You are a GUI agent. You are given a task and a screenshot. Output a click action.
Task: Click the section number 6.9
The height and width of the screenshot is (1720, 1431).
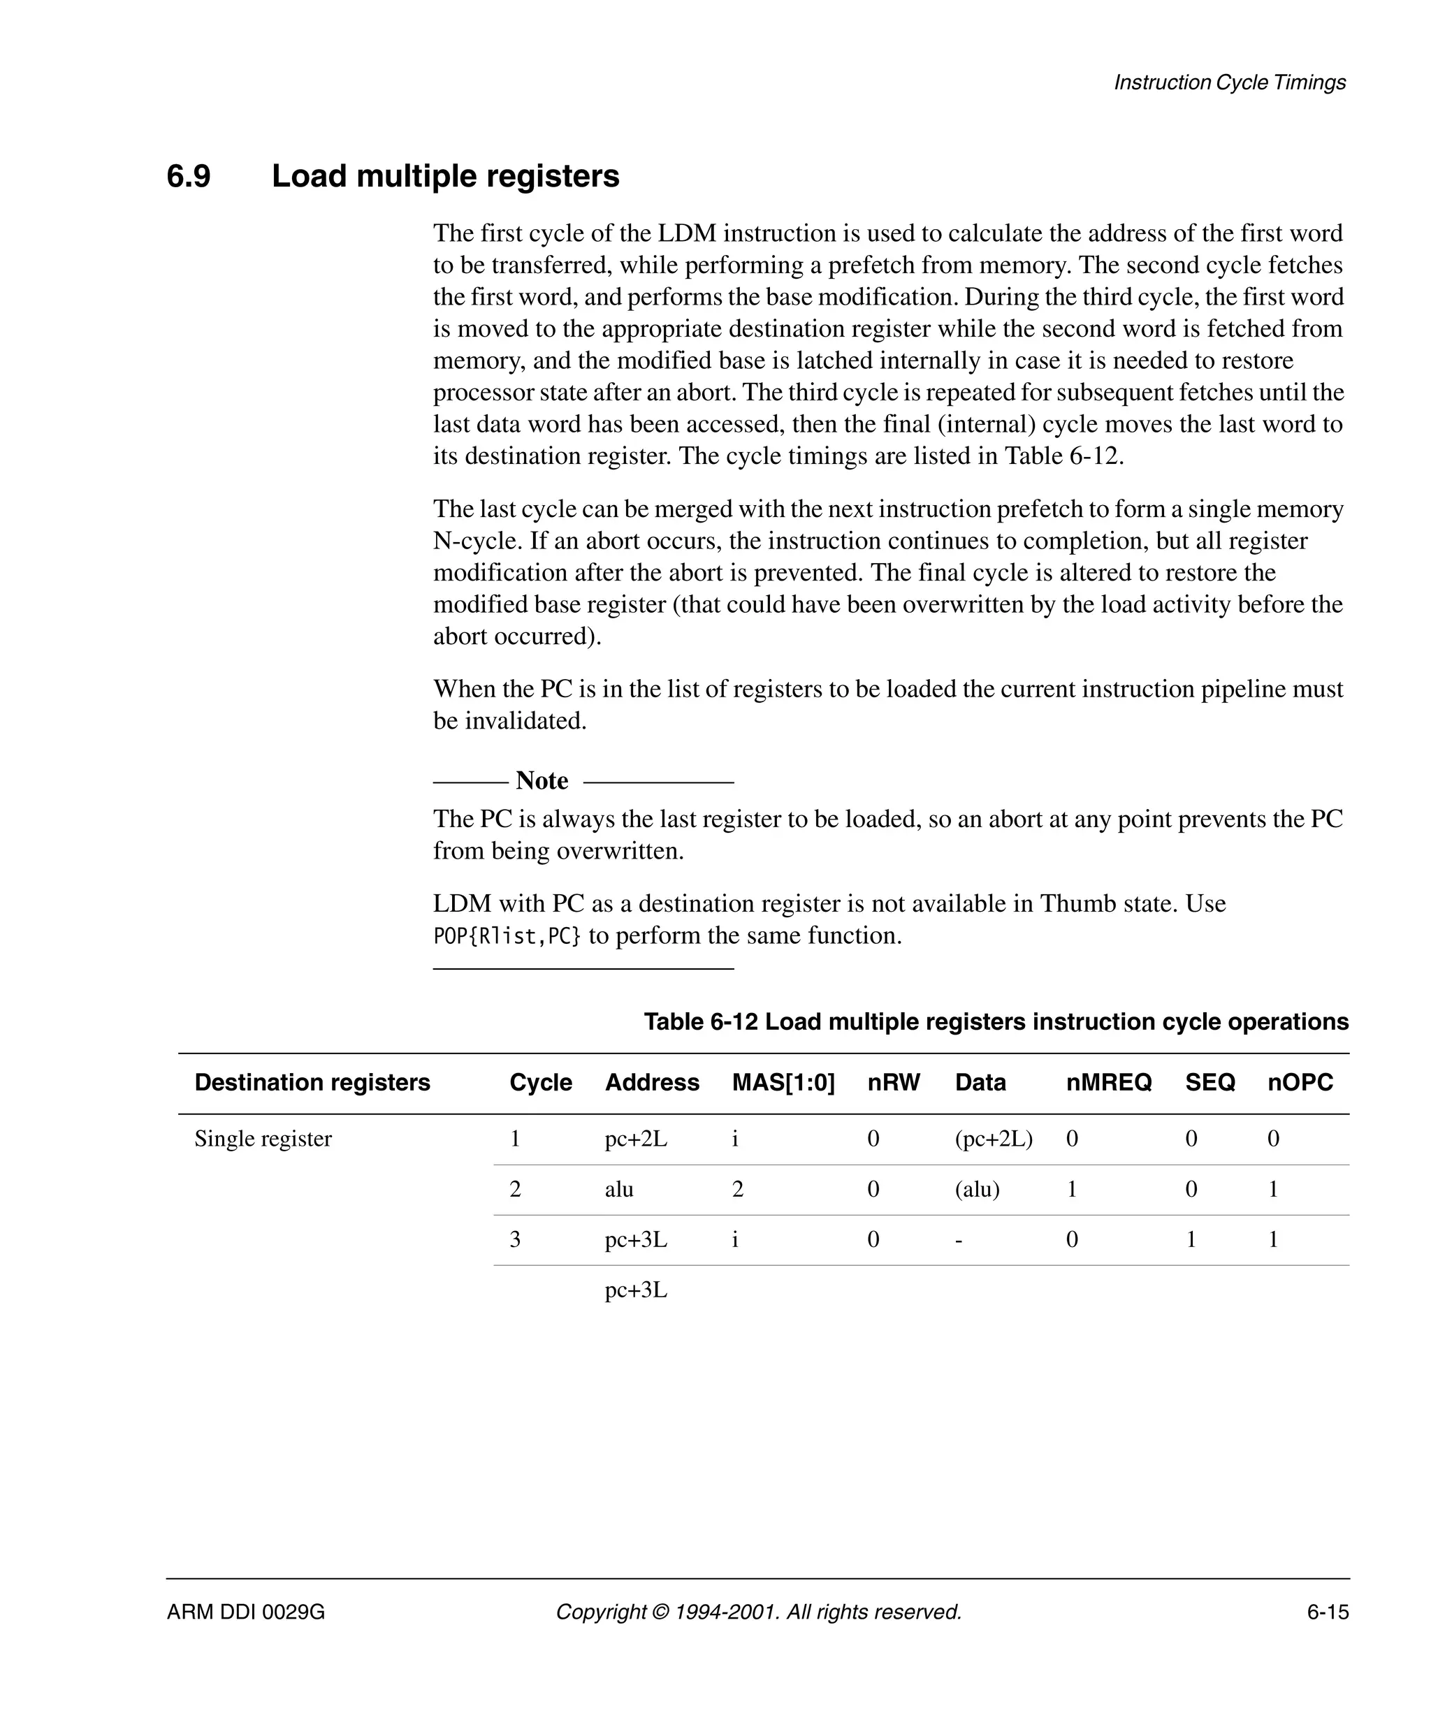click(x=189, y=176)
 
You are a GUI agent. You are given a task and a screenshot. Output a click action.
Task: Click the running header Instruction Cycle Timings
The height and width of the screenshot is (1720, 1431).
click(x=1230, y=82)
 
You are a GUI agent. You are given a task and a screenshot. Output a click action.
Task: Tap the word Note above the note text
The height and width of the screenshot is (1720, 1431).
click(x=542, y=780)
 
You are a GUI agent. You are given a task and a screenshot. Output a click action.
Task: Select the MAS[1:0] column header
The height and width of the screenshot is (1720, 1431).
click(x=783, y=1082)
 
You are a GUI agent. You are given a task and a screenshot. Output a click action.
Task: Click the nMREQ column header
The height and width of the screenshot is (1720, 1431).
click(x=1108, y=1082)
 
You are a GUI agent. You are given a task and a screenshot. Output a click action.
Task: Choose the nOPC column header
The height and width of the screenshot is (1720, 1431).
click(x=1300, y=1082)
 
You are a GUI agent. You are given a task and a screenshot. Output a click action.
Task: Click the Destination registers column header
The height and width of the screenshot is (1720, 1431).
click(x=312, y=1082)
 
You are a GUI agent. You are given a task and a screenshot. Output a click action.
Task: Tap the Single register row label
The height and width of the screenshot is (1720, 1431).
click(x=263, y=1139)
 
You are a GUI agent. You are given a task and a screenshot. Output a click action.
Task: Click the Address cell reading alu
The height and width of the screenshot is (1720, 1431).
click(x=619, y=1189)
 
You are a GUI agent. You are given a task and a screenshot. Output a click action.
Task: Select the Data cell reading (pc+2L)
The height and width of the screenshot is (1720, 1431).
click(x=994, y=1139)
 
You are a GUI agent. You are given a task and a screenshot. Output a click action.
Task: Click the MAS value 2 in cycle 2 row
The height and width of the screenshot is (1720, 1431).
click(x=737, y=1189)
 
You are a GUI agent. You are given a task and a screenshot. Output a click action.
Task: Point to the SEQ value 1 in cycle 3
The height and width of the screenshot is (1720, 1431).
click(x=1191, y=1240)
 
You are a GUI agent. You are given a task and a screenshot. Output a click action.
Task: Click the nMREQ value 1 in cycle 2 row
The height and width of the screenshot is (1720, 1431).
click(x=1071, y=1189)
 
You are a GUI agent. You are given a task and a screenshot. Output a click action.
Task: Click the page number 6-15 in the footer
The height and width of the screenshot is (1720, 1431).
click(x=1327, y=1612)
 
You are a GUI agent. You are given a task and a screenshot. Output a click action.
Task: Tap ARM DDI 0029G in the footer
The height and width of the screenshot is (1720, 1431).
click(x=246, y=1612)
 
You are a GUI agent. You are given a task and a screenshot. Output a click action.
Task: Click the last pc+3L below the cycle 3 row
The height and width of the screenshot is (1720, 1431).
click(x=636, y=1290)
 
